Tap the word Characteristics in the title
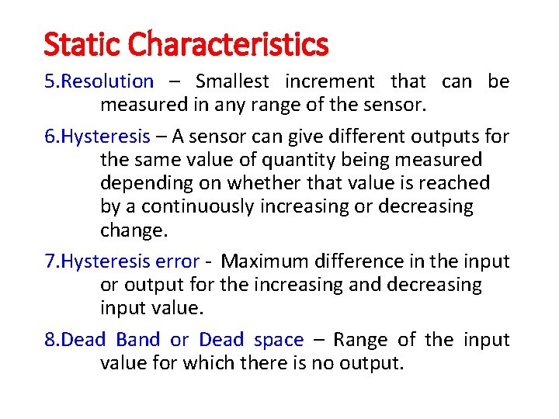pos(228,44)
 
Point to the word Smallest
pos(232,81)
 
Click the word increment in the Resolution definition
pos(329,81)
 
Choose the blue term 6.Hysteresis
pos(97,137)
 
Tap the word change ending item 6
pos(131,230)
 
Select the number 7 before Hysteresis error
pos(48,261)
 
